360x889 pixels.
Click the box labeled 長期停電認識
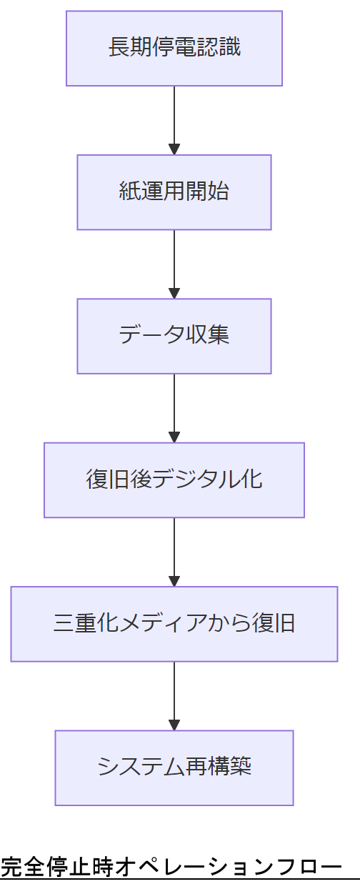click(x=174, y=48)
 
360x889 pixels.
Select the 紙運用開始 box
click(x=174, y=192)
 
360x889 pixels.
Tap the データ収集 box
click(x=174, y=336)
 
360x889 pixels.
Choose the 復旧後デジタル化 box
click(x=174, y=480)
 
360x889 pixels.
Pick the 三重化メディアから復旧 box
click(x=174, y=624)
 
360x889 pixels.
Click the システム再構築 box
click(x=174, y=768)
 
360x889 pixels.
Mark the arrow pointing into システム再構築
click(x=174, y=695)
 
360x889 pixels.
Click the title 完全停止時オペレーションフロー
click(x=171, y=868)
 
